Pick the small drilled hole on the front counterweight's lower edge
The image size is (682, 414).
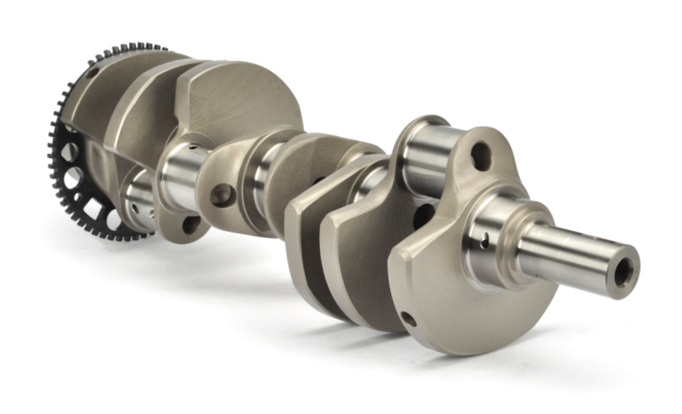[x=408, y=318]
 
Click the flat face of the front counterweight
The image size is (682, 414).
[x=436, y=273]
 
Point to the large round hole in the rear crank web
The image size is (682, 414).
[x=221, y=194]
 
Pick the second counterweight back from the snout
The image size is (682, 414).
[x=355, y=246]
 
